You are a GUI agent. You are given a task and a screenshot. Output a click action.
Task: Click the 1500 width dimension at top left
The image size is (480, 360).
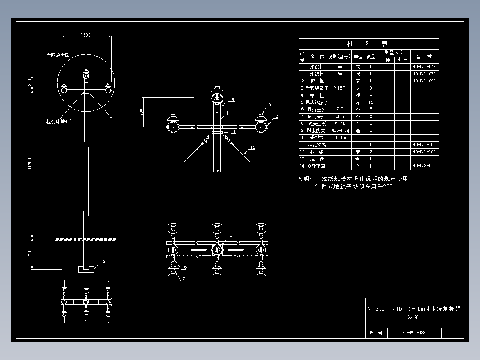(x=85, y=35)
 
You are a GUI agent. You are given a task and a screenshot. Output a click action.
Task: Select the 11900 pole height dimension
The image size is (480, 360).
(x=30, y=163)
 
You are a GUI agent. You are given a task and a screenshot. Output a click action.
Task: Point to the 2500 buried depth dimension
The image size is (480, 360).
(x=30, y=253)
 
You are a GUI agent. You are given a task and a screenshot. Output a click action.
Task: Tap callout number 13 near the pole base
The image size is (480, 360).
(x=103, y=262)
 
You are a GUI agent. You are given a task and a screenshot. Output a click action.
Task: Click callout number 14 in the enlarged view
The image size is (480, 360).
(x=232, y=99)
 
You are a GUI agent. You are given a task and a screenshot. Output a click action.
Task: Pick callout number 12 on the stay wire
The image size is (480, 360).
(x=252, y=147)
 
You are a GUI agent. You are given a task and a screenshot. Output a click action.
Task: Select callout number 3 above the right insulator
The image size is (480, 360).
(x=269, y=105)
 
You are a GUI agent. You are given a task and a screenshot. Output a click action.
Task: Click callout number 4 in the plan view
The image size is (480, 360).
(x=230, y=236)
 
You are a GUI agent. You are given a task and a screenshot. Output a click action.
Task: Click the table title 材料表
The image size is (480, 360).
(x=368, y=44)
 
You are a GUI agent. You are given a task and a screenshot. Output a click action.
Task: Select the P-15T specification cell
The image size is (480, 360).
(x=339, y=88)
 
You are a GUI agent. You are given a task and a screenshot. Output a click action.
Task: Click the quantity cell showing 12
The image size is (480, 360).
(x=370, y=102)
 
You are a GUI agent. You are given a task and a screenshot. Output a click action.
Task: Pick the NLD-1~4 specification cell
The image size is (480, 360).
(x=339, y=131)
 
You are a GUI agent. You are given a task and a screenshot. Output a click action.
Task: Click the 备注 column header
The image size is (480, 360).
(x=424, y=57)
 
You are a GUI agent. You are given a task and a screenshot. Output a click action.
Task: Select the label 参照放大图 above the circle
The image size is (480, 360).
(x=58, y=56)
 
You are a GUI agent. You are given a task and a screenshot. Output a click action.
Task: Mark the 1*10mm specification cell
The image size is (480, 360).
(x=339, y=138)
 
